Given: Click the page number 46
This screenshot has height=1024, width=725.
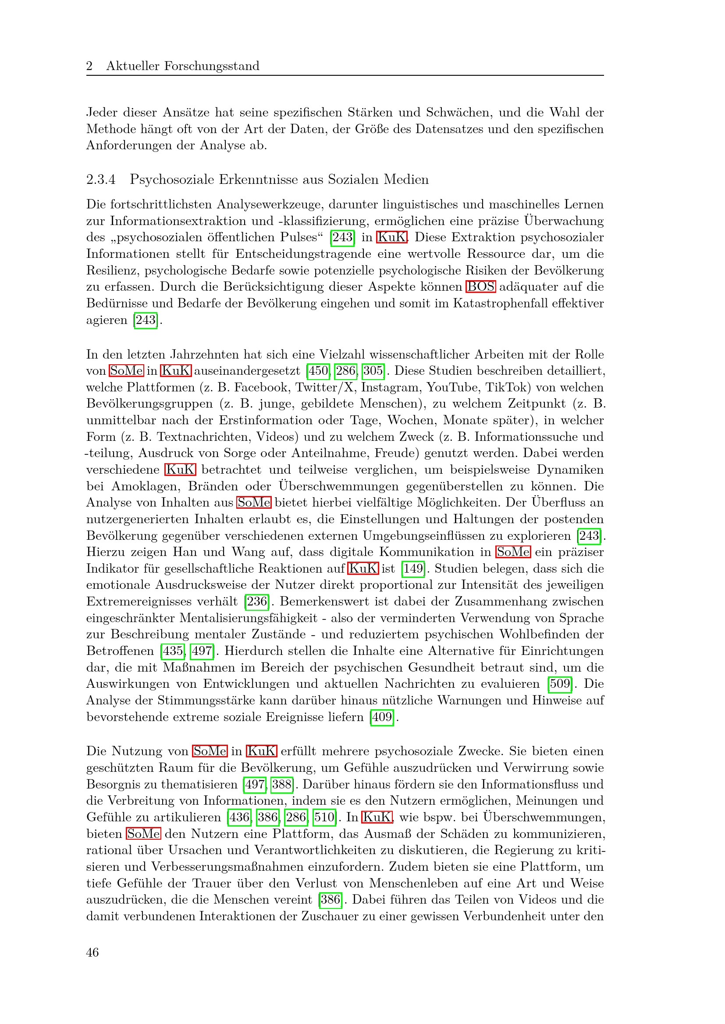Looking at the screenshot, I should [92, 952].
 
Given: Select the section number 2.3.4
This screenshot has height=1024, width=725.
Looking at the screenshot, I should [101, 179].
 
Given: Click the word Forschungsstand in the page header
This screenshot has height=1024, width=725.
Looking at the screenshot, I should [212, 66].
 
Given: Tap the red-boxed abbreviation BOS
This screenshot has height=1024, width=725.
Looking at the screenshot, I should [480, 286].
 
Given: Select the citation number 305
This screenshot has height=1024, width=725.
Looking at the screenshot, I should [373, 371].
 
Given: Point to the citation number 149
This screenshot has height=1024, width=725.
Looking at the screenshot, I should [413, 569].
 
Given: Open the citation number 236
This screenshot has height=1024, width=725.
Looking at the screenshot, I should [257, 602].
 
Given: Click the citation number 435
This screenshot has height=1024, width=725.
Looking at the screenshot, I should [173, 651].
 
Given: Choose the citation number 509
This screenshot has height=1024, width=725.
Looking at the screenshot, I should [560, 684].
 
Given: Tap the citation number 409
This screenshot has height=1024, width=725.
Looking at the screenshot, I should [382, 717].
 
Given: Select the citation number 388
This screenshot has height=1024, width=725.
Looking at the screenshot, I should [282, 784].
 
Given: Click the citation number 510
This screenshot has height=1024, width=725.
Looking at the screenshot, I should [324, 817].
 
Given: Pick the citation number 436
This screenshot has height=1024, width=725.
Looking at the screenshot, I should [239, 817].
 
